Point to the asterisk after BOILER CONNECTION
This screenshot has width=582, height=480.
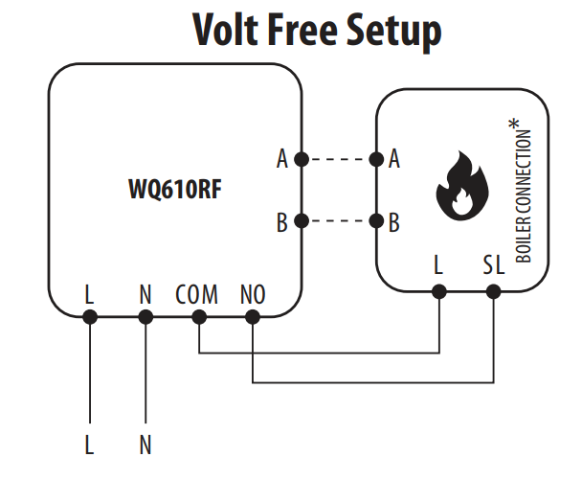click(x=517, y=126)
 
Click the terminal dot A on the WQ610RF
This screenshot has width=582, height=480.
click(x=302, y=160)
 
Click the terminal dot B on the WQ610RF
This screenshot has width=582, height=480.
click(x=302, y=222)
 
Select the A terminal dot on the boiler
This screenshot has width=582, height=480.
click(x=378, y=160)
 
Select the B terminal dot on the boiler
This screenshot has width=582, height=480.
click(x=378, y=222)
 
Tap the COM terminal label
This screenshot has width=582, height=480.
click(x=196, y=295)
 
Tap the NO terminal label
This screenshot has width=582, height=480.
click(x=252, y=295)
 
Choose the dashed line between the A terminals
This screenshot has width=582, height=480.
click(x=340, y=160)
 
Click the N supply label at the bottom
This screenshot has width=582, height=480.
click(x=145, y=446)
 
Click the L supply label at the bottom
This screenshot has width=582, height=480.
click(x=89, y=446)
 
